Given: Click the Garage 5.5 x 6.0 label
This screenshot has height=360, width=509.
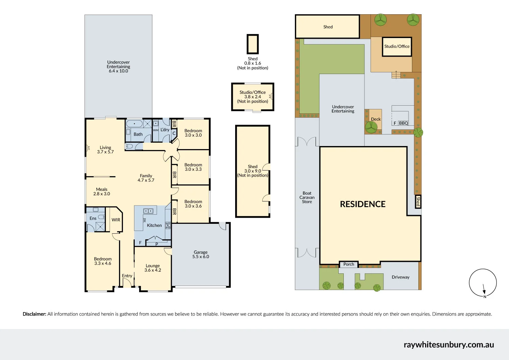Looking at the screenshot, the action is [201, 254].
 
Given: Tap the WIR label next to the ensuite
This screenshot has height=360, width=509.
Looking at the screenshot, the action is [116, 220].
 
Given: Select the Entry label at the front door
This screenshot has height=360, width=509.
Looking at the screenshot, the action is [127, 276].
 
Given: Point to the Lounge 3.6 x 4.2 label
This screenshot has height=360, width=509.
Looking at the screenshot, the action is [153, 268].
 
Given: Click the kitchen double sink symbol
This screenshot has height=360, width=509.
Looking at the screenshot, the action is [148, 211].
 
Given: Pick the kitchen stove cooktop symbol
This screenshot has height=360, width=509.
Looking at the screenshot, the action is [168, 226].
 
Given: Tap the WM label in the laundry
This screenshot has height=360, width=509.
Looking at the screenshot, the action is [155, 130].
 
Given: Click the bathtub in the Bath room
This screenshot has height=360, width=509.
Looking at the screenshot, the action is [134, 124].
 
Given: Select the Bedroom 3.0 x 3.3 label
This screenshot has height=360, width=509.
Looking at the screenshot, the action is [193, 167].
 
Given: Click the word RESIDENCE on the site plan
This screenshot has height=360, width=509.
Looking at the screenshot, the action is [363, 204].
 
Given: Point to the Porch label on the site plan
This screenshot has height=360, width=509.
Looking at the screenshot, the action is [348, 264].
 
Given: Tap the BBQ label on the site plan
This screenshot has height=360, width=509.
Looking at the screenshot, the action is [403, 123].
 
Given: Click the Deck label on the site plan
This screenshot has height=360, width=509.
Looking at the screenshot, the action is [376, 119].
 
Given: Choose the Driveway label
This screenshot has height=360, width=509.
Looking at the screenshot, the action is [400, 277].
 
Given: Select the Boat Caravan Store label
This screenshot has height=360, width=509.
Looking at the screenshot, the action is [307, 197].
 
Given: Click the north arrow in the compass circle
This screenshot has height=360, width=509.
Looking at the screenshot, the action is [484, 289].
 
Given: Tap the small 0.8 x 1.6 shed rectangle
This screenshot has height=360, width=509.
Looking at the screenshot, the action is [253, 44].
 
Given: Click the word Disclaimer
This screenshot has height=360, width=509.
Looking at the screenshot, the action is [34, 314].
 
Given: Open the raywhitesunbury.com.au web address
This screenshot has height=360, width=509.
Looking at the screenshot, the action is [449, 345].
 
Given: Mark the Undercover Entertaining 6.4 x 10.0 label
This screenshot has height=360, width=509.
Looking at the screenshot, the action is [118, 67].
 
